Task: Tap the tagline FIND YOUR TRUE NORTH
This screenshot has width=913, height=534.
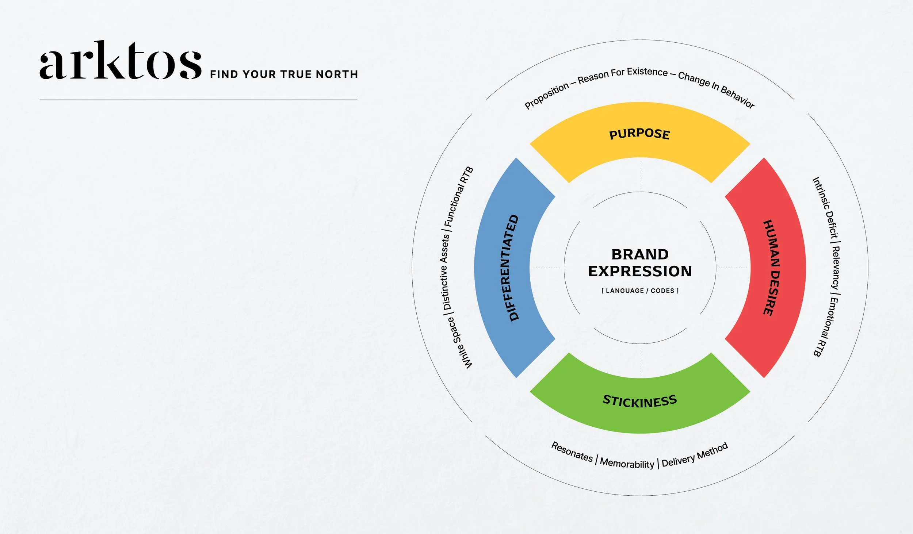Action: pyautogui.click(x=284, y=74)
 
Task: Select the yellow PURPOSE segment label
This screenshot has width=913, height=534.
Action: pyautogui.click(x=639, y=134)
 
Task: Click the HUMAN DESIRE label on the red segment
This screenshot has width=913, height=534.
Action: pyautogui.click(x=773, y=268)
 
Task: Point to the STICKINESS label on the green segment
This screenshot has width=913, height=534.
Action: pyautogui.click(x=639, y=401)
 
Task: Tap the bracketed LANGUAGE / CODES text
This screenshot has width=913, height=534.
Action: pyautogui.click(x=640, y=291)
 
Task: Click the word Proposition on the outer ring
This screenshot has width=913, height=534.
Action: pyautogui.click(x=546, y=96)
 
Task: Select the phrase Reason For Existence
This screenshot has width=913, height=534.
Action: pyautogui.click(x=622, y=75)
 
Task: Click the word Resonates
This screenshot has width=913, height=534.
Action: pyautogui.click(x=572, y=452)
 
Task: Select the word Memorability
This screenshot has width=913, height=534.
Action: pyautogui.click(x=627, y=463)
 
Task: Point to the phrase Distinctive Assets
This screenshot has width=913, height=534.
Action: pyautogui.click(x=446, y=272)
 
